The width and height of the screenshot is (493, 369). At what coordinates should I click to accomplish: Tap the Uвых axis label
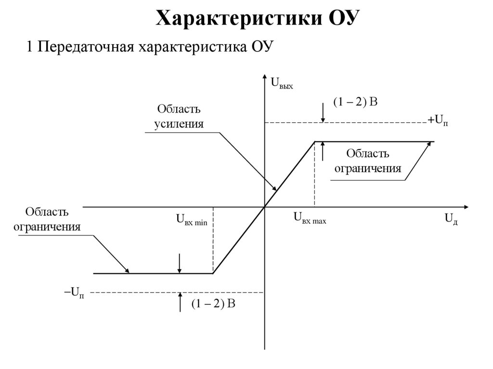(x=282, y=83)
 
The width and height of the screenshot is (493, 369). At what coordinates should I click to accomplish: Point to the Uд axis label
(x=451, y=219)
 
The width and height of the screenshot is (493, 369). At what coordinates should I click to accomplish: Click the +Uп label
(x=438, y=120)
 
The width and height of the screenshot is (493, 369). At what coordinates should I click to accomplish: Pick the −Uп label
(x=74, y=292)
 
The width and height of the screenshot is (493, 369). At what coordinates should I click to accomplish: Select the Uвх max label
(x=310, y=218)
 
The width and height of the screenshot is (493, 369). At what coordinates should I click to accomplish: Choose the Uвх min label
(x=191, y=220)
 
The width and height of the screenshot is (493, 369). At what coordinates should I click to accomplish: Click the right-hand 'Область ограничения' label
(x=368, y=161)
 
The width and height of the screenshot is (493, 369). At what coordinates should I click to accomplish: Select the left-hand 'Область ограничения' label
(x=47, y=219)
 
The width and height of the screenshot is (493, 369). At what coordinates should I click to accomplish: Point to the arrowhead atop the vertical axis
(x=265, y=77)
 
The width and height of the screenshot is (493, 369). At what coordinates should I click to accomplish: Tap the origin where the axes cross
(x=265, y=207)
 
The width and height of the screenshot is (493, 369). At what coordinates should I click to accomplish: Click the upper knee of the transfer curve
(x=315, y=142)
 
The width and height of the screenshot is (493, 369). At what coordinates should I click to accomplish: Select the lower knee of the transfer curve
(x=213, y=273)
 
